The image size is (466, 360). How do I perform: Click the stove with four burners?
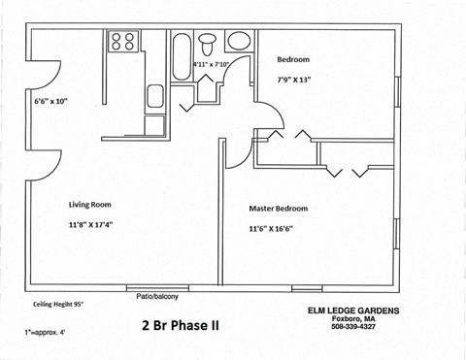123,41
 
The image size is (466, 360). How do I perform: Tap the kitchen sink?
155,96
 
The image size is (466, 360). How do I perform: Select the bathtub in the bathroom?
182,56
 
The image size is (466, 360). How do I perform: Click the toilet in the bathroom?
207,43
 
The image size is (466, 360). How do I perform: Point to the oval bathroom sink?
238,42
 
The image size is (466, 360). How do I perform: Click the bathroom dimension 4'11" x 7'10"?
216,64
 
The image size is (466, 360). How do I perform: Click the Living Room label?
89,205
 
